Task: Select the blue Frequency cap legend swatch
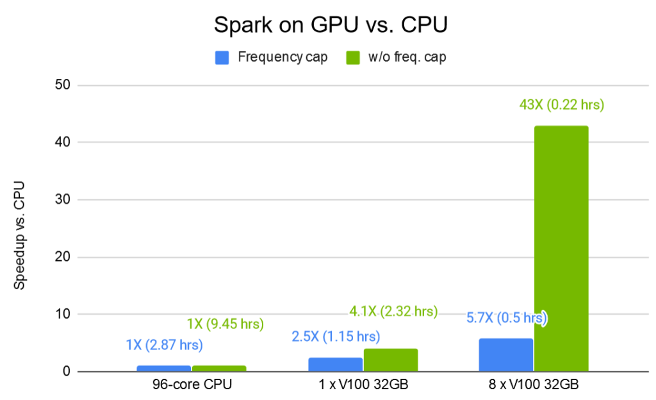point(222,58)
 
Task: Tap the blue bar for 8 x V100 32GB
point(505,355)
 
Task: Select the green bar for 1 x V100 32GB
point(390,360)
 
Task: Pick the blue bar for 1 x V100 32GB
point(335,364)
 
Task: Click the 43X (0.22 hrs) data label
point(561,104)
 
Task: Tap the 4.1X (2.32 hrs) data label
point(393,312)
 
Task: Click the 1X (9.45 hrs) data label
point(225,324)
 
